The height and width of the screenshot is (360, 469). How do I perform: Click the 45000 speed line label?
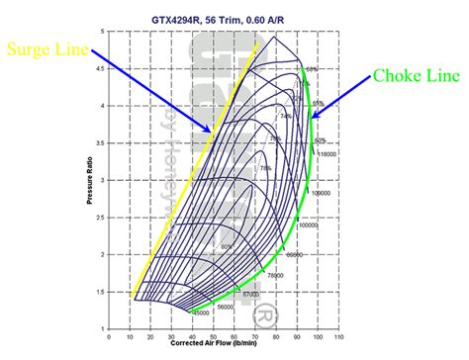200,314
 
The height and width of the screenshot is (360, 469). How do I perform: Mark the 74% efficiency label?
287,115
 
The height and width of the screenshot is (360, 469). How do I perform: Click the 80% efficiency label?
227,245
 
